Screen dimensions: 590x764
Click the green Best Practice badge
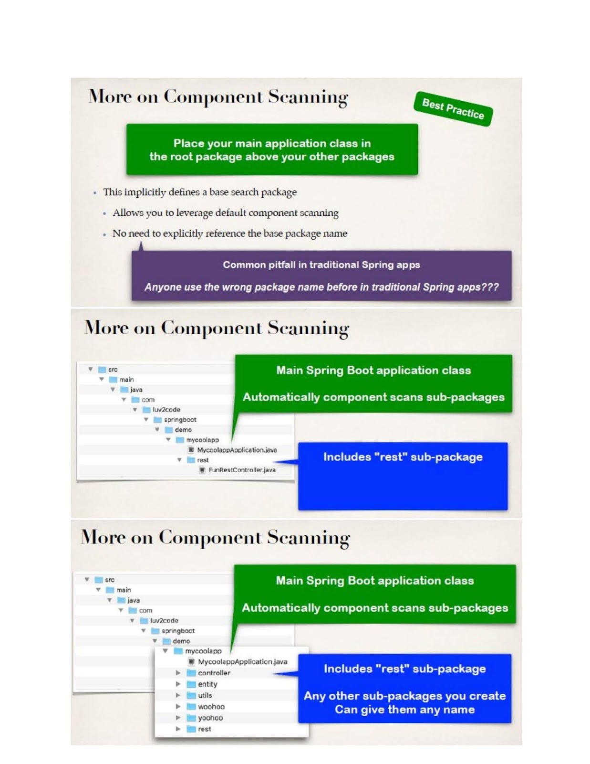click(453, 109)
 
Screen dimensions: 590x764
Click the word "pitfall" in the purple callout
click(278, 265)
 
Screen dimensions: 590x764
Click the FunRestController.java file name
click(242, 470)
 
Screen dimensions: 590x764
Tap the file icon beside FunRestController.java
click(202, 470)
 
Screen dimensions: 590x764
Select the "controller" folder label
click(214, 673)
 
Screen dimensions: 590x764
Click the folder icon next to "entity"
click(191, 684)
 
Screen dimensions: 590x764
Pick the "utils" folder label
click(205, 695)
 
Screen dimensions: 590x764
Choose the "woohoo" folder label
click(211, 707)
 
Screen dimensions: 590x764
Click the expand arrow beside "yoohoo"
click(178, 718)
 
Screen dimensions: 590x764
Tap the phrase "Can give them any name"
click(404, 710)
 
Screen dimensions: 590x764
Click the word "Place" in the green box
click(189, 143)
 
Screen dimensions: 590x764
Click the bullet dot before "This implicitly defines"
click(95, 193)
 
